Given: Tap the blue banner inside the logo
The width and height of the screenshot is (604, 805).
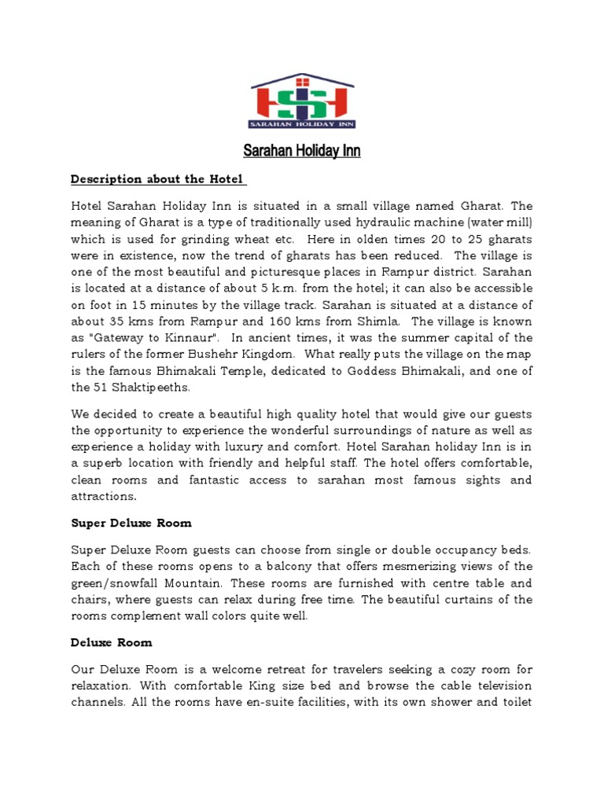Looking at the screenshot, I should [302, 123].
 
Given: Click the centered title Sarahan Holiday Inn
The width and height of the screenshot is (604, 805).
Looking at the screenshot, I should [302, 151].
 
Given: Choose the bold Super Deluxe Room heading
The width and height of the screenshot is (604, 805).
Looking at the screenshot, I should [131, 523].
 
